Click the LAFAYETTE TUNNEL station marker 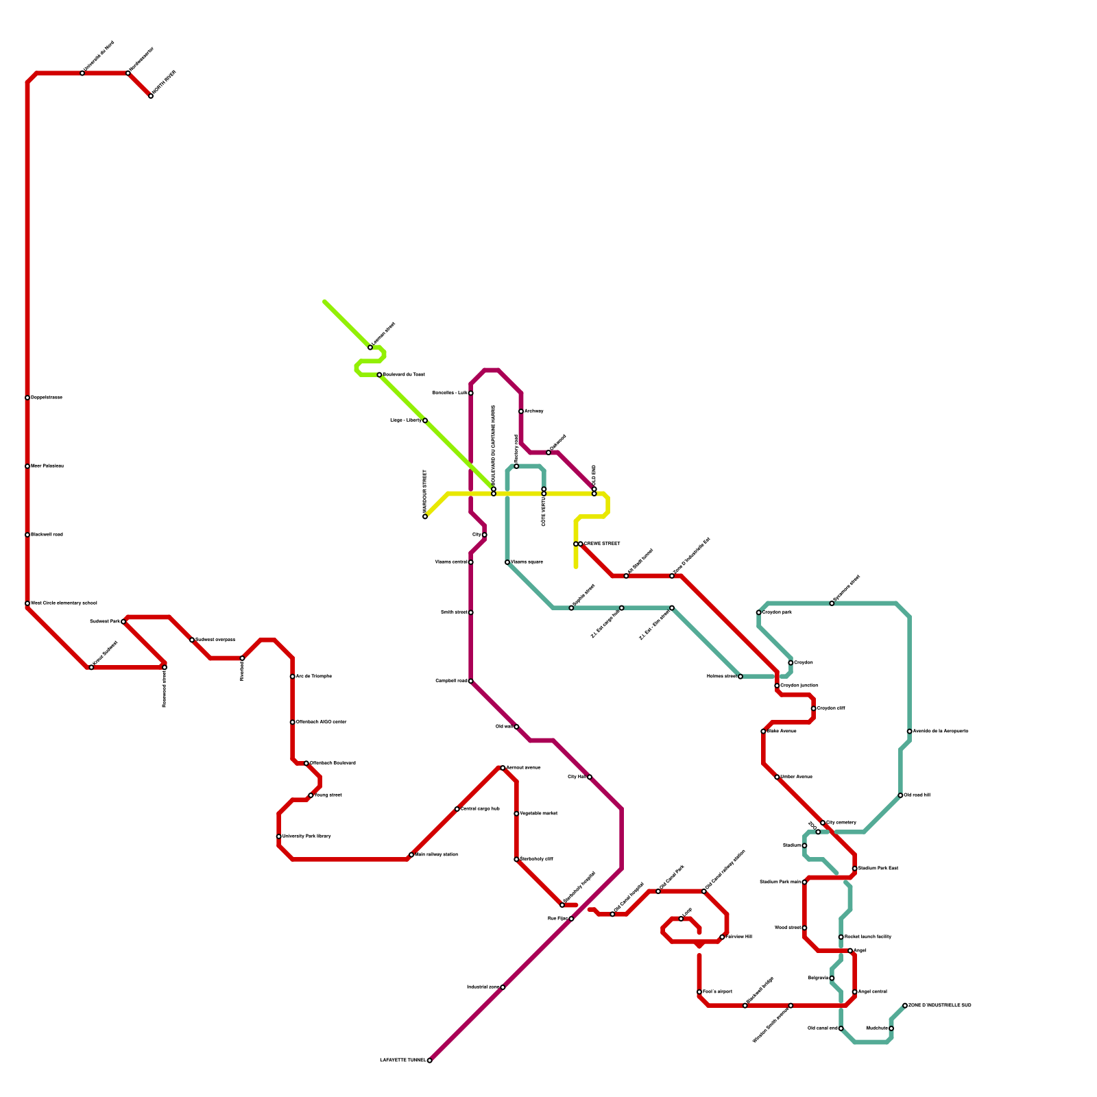click(x=429, y=1060)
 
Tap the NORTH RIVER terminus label click(x=164, y=83)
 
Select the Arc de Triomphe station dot click(x=293, y=677)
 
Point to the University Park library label click(x=306, y=836)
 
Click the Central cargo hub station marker click(x=457, y=809)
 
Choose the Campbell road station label click(x=451, y=681)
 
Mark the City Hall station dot click(x=590, y=777)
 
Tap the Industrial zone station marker click(x=503, y=987)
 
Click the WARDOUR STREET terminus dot click(x=425, y=516)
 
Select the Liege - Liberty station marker click(x=425, y=420)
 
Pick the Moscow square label click(x=527, y=562)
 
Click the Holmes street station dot click(x=740, y=677)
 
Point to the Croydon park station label click(x=777, y=612)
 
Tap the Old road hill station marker click(x=900, y=795)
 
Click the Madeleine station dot click(x=891, y=1028)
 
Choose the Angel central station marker click(x=854, y=992)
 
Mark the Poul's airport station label click(x=717, y=992)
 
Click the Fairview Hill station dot click(x=722, y=937)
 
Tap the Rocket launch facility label click(x=867, y=937)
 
